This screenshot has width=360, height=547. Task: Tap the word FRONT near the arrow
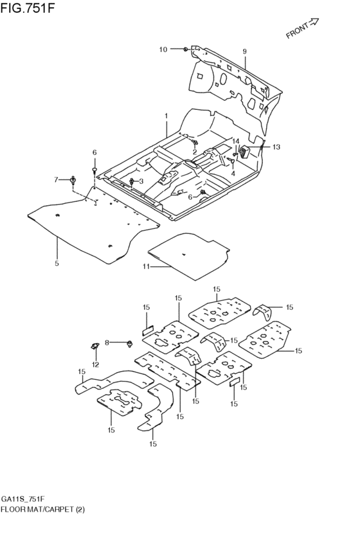(297, 32)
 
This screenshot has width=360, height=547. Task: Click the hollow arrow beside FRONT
(314, 22)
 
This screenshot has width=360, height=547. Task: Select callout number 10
(163, 49)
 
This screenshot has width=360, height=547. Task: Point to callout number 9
(244, 51)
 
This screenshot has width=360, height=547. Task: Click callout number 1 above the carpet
(166, 116)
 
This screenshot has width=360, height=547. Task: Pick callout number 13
(276, 147)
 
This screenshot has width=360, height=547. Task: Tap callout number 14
(236, 141)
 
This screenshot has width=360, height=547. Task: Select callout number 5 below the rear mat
(57, 263)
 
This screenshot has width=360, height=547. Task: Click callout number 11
(146, 266)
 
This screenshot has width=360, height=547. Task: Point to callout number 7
(56, 179)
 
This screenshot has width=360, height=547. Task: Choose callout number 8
(108, 343)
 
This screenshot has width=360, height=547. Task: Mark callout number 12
(95, 364)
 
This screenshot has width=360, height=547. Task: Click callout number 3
(141, 181)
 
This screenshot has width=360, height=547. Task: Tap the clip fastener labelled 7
(73, 179)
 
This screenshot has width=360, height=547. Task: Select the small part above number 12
(94, 348)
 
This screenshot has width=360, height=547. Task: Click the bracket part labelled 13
(245, 151)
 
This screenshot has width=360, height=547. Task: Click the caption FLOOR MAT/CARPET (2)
(42, 509)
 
